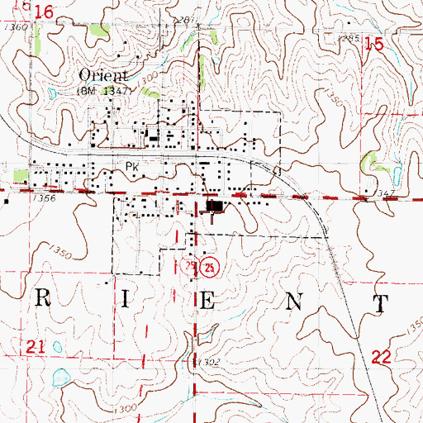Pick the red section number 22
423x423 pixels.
coord(381,356)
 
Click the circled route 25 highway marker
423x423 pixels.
coord(211,268)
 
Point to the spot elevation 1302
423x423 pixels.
coord(208,362)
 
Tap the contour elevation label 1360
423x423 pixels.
coord(17,28)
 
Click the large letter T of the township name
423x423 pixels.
coord(379,303)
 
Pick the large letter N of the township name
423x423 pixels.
coord(292,302)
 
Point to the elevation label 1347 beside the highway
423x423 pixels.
coord(385,192)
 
